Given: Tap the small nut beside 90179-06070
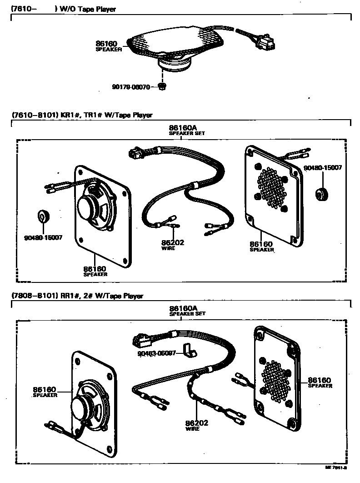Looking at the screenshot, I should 161,86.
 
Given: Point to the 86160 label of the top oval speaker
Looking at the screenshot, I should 106,44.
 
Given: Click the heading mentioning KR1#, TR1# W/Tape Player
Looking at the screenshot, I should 81,115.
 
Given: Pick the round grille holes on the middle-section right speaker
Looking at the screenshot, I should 272,186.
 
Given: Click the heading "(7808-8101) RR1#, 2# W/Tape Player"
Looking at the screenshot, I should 77,296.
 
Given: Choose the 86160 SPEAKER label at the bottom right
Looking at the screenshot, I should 320,382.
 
